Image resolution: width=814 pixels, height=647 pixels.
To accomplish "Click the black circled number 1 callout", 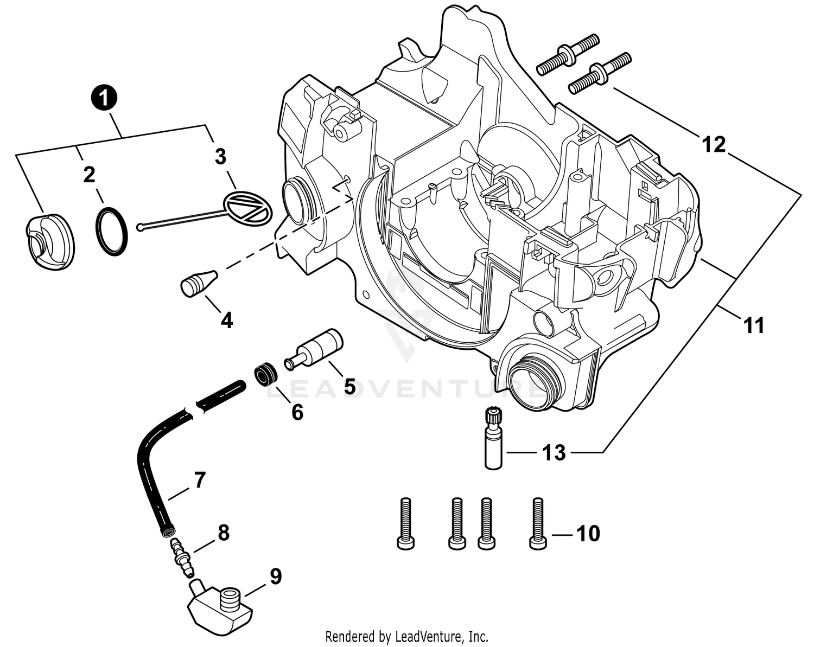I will [105, 98].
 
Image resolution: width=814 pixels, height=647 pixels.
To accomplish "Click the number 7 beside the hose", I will [200, 480].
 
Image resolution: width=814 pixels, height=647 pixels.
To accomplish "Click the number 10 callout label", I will [588, 534].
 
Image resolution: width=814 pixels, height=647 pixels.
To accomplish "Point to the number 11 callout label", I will [753, 326].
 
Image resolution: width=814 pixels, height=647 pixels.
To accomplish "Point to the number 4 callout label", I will [227, 321].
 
